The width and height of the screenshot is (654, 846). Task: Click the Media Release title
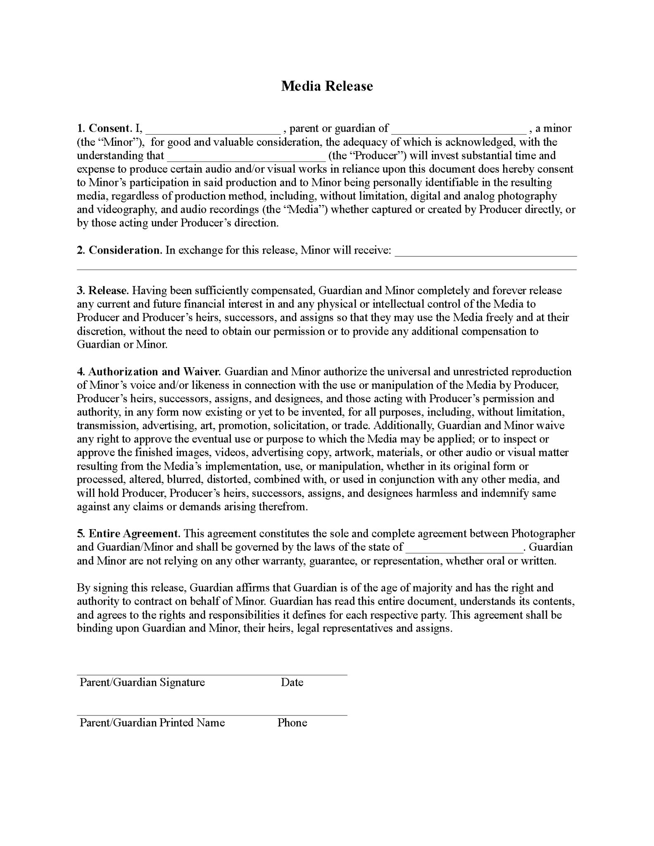tap(327, 86)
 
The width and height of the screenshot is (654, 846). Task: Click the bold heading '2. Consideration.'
tap(119, 250)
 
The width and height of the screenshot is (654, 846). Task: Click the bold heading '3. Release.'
tap(103, 290)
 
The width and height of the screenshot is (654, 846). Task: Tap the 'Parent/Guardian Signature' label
tap(142, 682)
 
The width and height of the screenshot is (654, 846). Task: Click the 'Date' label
tap(292, 682)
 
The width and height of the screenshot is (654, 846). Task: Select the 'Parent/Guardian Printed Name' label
tap(152, 722)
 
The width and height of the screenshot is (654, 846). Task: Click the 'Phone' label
tap(292, 722)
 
